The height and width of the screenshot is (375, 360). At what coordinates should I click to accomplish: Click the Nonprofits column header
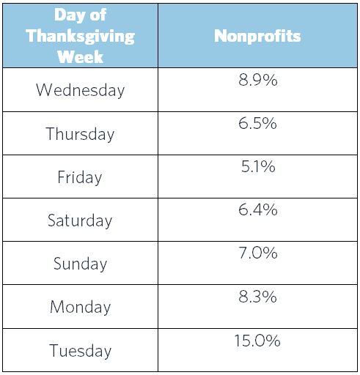point(257,36)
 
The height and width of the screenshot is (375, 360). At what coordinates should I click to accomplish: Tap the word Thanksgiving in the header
point(81,36)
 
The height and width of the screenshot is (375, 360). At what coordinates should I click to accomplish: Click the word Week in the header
point(80,56)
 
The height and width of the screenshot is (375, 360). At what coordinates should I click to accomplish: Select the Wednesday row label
point(80,90)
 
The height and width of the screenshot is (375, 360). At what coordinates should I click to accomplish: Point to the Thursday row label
point(80,134)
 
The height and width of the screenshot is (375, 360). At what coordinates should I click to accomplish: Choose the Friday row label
point(80,177)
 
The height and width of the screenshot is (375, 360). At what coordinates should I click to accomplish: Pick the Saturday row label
point(80,220)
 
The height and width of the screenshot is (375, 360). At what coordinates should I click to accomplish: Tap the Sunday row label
point(80,264)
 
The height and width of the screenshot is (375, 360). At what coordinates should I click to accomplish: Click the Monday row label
point(80,307)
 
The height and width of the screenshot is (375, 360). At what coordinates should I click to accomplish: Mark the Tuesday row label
point(80,350)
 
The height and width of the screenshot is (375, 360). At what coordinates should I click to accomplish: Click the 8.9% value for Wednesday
point(258,80)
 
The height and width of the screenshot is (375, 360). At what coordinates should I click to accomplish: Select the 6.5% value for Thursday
point(257,123)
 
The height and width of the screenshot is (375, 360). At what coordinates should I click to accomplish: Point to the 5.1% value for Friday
point(258,166)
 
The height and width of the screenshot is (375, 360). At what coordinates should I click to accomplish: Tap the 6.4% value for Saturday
point(258,209)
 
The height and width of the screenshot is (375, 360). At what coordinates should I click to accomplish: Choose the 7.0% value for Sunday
point(258,253)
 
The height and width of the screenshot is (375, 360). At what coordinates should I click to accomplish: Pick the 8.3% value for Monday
point(257,297)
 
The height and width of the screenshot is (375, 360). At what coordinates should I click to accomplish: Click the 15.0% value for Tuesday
point(257,341)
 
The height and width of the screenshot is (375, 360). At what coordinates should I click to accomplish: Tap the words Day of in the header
point(80,15)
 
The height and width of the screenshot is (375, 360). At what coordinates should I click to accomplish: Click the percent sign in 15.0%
point(273,341)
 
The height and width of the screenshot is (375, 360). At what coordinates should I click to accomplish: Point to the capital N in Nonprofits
point(220,36)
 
